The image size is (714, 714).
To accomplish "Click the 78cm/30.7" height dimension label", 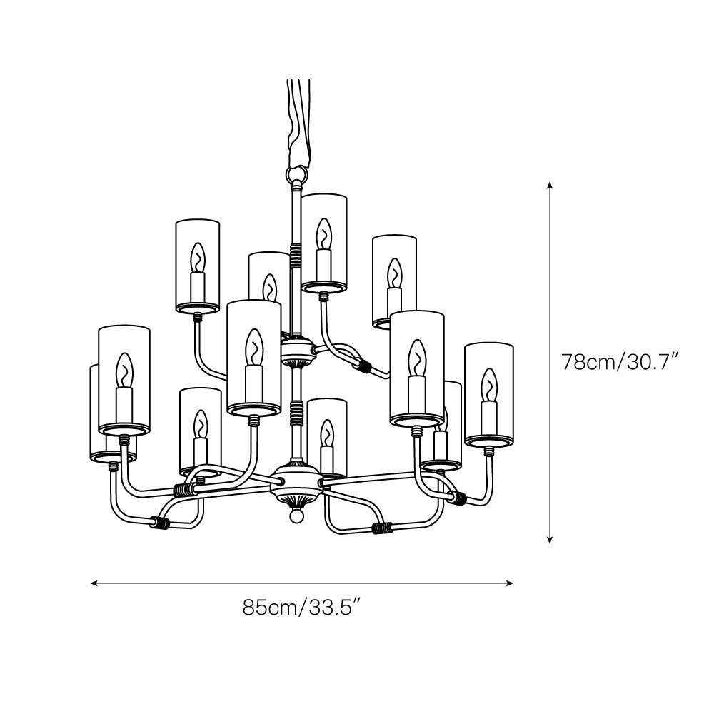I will [x=618, y=362].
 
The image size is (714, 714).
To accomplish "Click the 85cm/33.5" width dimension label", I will [x=300, y=608].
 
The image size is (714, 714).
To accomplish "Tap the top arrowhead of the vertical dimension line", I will [x=549, y=185].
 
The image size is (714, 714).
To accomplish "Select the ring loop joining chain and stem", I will [x=294, y=174].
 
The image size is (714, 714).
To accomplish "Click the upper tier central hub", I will [x=297, y=350].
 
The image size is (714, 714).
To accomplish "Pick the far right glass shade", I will [x=488, y=393].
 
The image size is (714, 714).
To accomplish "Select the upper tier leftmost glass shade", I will [x=197, y=266].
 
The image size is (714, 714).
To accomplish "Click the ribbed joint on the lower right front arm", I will [x=383, y=529].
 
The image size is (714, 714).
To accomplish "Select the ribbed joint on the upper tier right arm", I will [x=366, y=366].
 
